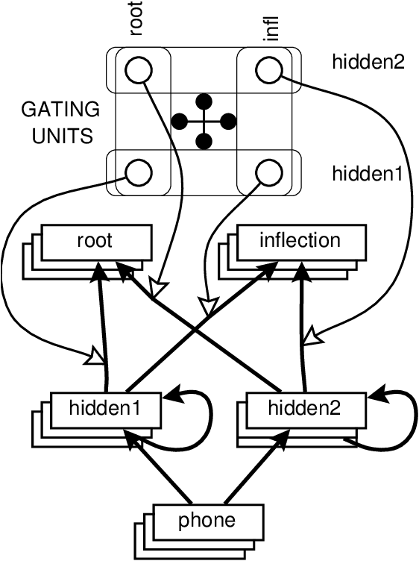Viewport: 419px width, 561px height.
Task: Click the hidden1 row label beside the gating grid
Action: [368, 174]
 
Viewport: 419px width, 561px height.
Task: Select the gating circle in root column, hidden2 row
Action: [138, 71]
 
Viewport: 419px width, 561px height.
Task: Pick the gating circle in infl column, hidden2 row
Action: [268, 71]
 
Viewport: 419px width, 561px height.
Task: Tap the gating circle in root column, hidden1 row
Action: [138, 173]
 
